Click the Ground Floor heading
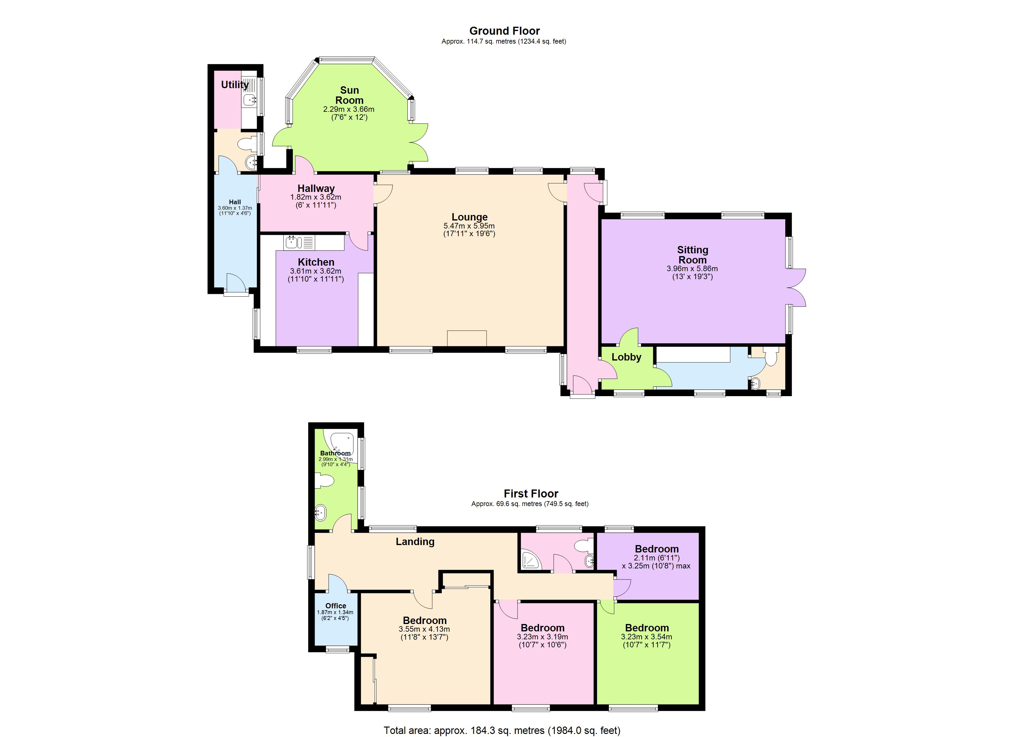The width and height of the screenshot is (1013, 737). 504,31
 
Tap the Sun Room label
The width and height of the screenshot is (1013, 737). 349,95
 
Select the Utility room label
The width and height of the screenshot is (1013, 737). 235,84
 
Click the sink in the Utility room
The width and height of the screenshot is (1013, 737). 249,100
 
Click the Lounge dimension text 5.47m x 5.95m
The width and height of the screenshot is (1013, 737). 469,226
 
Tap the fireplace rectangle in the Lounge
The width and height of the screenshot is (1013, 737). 467,338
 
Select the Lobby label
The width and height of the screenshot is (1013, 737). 626,357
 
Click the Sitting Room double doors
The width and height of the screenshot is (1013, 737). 797,287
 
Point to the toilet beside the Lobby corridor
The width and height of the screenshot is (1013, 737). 772,357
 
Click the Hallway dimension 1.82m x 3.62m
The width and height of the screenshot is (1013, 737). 316,197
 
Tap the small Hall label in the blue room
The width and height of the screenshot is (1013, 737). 235,202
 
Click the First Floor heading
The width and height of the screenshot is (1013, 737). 531,493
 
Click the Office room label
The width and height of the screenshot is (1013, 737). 336,606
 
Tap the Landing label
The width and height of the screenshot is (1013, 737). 415,542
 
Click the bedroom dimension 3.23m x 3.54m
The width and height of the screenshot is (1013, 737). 646,637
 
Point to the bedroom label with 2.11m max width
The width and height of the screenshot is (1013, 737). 657,549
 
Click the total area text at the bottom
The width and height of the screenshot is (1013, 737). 502,730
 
